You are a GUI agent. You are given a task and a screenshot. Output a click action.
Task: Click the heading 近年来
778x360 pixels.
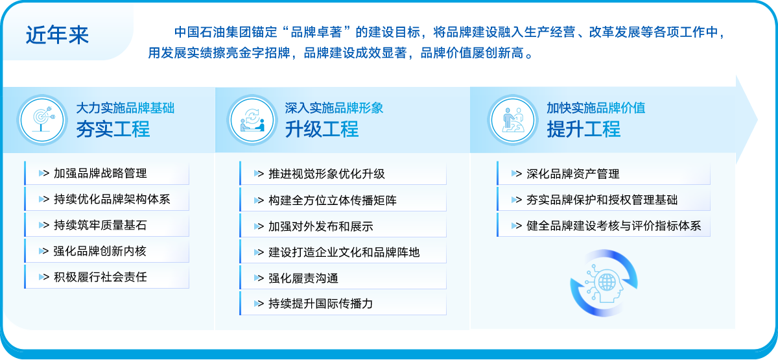(57, 35)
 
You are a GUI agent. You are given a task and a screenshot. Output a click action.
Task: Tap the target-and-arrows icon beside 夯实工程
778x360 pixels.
(42, 120)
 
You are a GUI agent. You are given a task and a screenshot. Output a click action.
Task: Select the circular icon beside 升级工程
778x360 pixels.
(252, 120)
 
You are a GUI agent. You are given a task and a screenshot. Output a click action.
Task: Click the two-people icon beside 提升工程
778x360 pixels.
(513, 120)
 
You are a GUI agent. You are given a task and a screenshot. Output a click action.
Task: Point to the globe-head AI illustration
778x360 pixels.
(604, 283)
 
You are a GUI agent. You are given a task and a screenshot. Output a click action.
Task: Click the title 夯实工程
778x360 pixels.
(113, 129)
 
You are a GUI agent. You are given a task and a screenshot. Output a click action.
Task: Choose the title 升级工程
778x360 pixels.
(322, 129)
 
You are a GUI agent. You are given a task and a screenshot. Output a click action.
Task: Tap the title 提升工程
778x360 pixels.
(584, 129)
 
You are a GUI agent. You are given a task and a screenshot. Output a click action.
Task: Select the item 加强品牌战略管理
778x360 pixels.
(100, 173)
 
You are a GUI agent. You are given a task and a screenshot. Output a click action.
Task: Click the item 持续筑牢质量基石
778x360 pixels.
(100, 225)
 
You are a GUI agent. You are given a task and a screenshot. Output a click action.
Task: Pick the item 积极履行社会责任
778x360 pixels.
(100, 277)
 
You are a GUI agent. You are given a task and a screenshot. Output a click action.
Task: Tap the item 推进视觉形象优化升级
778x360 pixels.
(327, 174)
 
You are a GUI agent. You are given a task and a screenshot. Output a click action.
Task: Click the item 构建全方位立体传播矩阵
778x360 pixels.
(333, 200)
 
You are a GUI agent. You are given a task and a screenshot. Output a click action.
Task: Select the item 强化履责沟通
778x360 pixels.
(303, 278)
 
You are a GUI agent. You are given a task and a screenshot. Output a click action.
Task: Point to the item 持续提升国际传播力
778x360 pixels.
(321, 304)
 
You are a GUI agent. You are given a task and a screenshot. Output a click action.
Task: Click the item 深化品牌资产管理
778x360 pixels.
(573, 174)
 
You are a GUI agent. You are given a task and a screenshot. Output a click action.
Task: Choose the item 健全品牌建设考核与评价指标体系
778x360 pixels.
(614, 226)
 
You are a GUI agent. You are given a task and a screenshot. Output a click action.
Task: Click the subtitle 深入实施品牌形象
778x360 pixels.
(334, 108)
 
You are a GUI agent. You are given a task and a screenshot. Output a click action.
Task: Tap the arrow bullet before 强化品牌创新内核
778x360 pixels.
(43, 251)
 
